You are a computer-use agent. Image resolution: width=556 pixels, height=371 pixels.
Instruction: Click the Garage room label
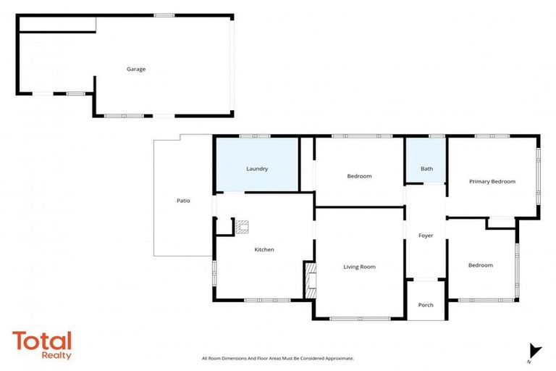pos(136,70)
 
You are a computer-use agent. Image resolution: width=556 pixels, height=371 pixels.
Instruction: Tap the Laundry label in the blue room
pos(257,169)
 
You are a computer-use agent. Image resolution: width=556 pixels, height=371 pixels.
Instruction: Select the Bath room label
pos(426,169)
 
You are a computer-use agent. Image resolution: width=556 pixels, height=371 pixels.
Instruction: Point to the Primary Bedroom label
pos(492,181)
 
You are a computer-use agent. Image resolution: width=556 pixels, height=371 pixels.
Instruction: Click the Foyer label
pos(426,235)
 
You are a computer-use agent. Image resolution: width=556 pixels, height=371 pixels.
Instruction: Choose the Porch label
pos(426,305)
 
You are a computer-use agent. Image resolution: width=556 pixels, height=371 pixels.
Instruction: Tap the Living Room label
pos(359,267)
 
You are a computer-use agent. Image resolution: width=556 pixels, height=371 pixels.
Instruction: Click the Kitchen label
pos(264,249)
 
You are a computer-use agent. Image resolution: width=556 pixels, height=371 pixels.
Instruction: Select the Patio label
pos(183,200)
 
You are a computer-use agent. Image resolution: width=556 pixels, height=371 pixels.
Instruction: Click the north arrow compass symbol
pos(534,351)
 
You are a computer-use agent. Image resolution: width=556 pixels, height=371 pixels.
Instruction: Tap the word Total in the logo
pos(42,340)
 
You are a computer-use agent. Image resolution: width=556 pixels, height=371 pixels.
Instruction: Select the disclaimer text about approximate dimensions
pos(278,359)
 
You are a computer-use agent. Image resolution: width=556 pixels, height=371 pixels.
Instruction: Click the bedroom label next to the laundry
pos(359,176)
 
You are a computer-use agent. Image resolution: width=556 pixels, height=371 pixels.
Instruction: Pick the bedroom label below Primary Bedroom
pos(480,265)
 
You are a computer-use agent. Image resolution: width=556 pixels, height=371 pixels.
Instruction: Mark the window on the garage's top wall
pos(164,15)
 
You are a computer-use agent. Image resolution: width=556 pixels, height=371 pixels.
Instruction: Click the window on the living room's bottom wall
pos(360,318)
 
